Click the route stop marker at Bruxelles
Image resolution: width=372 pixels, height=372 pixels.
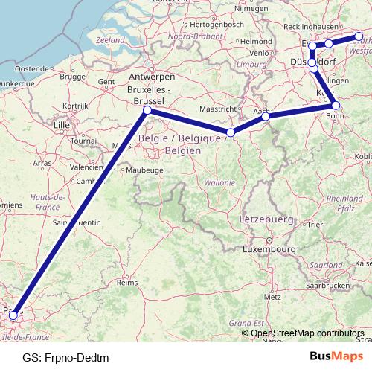coord(147,110)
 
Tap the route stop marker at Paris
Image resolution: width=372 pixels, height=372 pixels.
coord(13,316)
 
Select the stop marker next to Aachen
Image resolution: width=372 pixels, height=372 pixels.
coord(266,116)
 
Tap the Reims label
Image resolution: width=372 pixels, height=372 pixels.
coord(128,283)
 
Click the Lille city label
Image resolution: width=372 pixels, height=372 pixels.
coord(61,125)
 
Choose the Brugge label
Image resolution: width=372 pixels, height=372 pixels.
coord(73,77)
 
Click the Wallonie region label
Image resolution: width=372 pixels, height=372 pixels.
coord(219,182)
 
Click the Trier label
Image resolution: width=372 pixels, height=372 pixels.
coord(315,223)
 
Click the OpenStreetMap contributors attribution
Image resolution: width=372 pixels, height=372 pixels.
coord(307,333)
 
